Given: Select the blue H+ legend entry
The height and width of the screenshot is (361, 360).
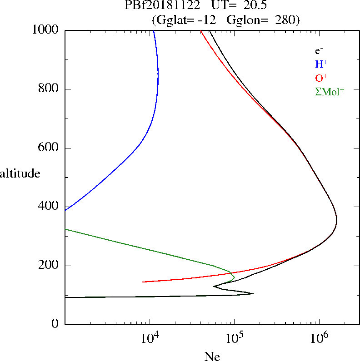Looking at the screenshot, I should (x=321, y=64).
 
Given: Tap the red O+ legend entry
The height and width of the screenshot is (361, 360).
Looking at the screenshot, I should (x=321, y=78).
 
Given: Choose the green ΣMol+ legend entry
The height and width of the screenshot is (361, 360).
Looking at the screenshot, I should (x=330, y=91).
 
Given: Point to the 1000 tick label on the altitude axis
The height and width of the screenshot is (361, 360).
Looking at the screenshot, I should (x=46, y=30).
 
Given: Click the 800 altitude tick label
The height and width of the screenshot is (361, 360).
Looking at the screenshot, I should (x=49, y=89).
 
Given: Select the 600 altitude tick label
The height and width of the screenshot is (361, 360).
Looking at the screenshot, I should (x=49, y=148).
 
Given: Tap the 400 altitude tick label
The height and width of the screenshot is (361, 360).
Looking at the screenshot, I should (x=49, y=207).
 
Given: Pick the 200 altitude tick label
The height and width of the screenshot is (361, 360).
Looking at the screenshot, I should (x=49, y=266).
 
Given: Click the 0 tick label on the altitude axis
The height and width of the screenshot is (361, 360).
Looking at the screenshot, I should (x=55, y=324).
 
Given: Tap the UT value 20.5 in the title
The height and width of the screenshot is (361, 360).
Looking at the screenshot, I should (x=243, y=5).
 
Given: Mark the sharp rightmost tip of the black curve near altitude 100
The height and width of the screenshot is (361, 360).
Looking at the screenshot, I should (x=254, y=293).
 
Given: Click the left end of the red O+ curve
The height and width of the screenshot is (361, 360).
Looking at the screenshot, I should (x=143, y=282).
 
